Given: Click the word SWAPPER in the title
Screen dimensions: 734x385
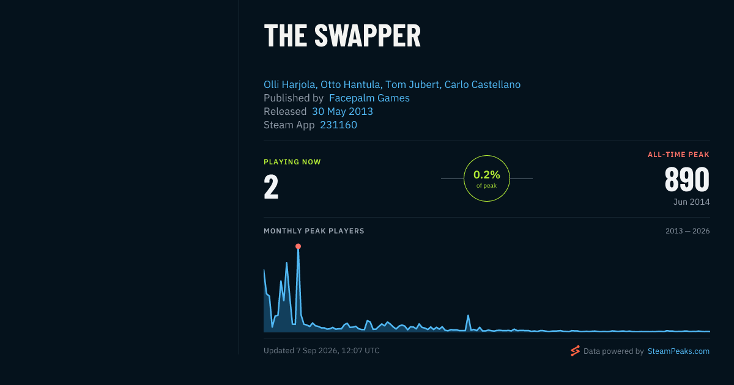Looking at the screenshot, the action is (x=368, y=36).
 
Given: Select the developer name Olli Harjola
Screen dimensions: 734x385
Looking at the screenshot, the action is (x=290, y=84).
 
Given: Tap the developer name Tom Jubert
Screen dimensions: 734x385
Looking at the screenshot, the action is (x=412, y=84).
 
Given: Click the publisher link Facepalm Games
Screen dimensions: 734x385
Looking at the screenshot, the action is (x=369, y=98).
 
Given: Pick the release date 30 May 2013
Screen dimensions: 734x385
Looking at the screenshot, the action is (x=343, y=111).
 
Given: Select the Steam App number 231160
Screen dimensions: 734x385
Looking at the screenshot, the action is (x=338, y=125).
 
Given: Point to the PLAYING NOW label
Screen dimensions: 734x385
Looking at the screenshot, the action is (x=292, y=162).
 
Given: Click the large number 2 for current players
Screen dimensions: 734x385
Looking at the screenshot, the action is (x=271, y=186).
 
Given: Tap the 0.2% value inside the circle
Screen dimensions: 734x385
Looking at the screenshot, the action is (x=487, y=175).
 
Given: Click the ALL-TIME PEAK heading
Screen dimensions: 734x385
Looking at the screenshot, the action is (x=678, y=155).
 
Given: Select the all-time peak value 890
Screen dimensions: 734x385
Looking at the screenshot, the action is (x=687, y=180).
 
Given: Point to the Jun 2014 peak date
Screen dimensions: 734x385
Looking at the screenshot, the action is (x=691, y=202).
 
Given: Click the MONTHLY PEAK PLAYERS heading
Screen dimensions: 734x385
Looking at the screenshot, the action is (x=314, y=231).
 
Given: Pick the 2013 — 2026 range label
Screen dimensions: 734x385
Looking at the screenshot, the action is (x=688, y=231).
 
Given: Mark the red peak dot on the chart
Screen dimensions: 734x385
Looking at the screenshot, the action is (x=298, y=246).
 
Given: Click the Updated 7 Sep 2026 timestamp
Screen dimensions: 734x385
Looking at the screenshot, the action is (x=322, y=351).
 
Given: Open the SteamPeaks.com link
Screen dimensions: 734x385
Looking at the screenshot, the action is (x=678, y=351).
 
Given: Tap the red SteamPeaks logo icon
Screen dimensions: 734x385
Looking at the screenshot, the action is (x=575, y=351).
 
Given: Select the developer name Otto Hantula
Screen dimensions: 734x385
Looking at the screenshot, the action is (x=350, y=84).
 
